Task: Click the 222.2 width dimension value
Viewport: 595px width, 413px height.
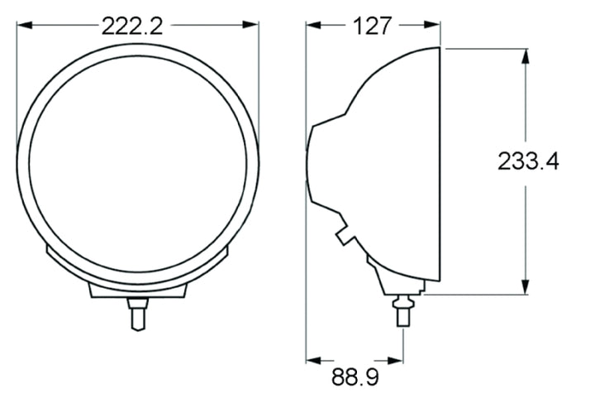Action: [132, 26]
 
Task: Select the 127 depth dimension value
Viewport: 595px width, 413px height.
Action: [372, 26]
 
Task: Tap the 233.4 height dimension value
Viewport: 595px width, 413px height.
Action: [528, 161]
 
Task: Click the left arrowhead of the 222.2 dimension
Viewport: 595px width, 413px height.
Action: [22, 26]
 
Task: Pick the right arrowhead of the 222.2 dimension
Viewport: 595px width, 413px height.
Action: [253, 26]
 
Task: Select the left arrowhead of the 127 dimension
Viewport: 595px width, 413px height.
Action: [312, 26]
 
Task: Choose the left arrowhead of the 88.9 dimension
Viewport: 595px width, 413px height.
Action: [312, 360]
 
